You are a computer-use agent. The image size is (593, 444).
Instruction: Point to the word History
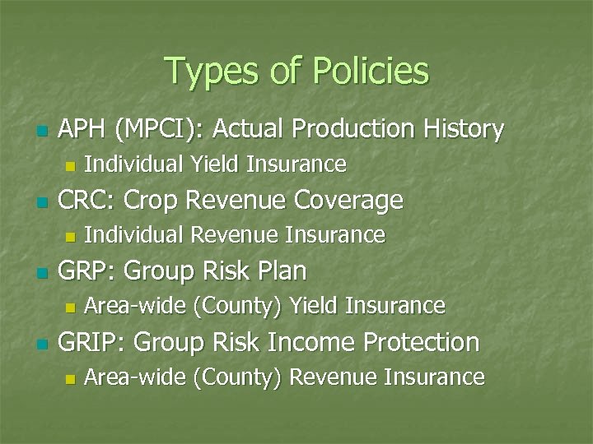click(x=463, y=129)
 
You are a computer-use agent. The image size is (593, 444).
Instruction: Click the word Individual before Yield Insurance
click(x=135, y=164)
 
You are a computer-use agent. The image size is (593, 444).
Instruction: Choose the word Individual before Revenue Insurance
click(x=135, y=235)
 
